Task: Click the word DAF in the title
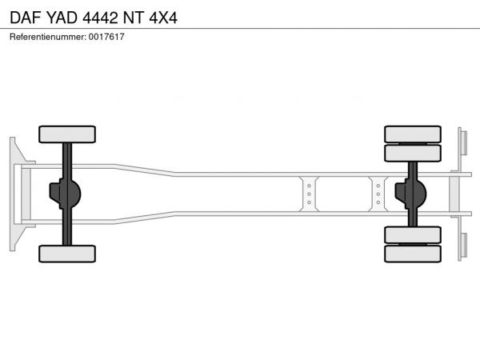[x=26, y=18]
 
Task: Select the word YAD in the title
[x=62, y=18]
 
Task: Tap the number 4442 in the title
[x=100, y=18]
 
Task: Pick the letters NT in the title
[x=134, y=18]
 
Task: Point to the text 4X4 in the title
[x=163, y=18]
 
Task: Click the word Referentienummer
[x=48, y=37]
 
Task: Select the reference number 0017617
[x=106, y=37]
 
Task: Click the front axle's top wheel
[x=67, y=134]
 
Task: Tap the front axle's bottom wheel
[x=67, y=254]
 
